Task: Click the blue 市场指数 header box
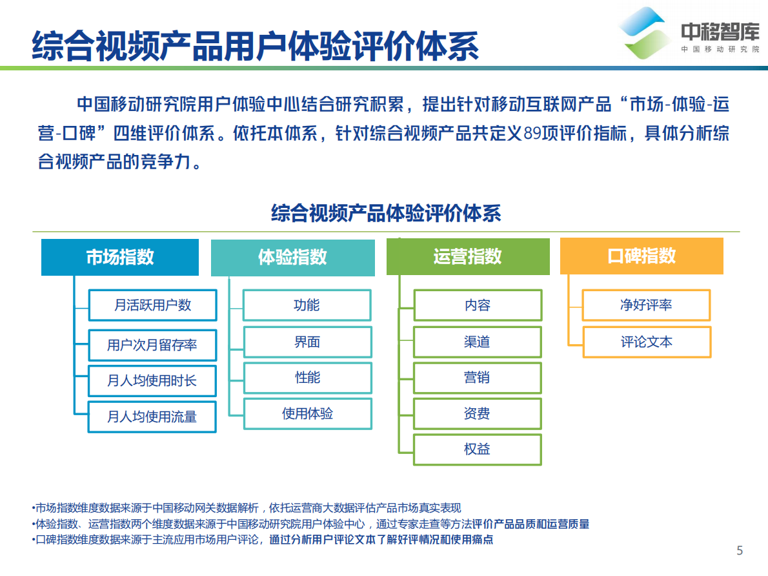[120, 257]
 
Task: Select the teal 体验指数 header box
[292, 258]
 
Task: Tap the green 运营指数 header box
[468, 256]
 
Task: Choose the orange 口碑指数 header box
[642, 256]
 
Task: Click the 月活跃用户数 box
[153, 305]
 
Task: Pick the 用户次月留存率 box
[153, 345]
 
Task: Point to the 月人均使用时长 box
[153, 381]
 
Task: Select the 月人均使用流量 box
[153, 417]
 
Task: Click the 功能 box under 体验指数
[307, 305]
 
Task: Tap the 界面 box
[307, 342]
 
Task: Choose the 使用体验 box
[307, 414]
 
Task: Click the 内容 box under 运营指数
[478, 305]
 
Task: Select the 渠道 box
[478, 342]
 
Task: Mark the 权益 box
[478, 449]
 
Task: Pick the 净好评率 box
[646, 305]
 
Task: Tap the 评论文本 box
[646, 342]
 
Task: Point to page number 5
[740, 550]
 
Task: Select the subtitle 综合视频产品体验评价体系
[386, 212]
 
